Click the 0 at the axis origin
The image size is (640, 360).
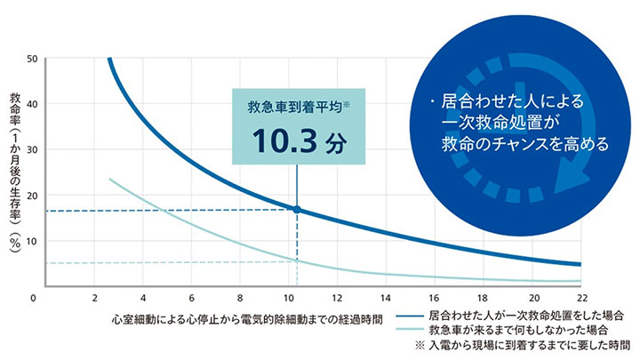click(33, 298)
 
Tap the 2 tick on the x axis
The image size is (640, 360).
click(94, 298)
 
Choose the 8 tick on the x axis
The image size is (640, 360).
click(240, 298)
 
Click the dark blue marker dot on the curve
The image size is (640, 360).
click(297, 210)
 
